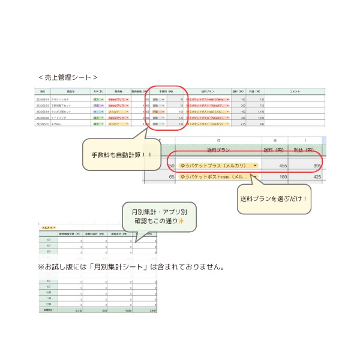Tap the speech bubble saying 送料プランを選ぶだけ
click(x=274, y=199)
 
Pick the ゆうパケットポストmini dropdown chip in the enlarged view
click(x=213, y=177)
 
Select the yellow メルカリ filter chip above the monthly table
click(x=48, y=228)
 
